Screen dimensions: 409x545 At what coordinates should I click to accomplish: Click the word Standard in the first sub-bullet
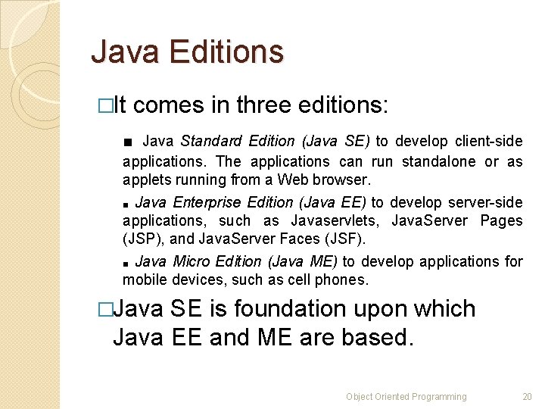tap(211, 141)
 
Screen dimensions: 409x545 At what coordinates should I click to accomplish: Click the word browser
tap(343, 180)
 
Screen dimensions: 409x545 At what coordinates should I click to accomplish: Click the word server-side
tap(485, 202)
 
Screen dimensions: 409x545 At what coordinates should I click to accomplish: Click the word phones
tap(344, 279)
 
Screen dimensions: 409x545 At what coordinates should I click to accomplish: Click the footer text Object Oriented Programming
tap(406, 396)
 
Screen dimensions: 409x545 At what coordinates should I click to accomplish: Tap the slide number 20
tap(527, 396)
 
